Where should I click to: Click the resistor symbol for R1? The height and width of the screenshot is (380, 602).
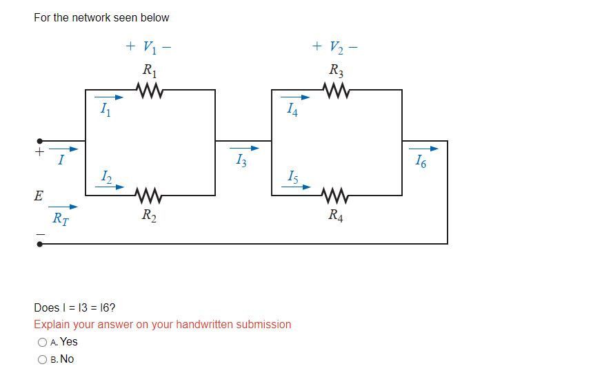(x=149, y=90)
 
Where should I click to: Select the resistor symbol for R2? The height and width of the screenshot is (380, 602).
(x=149, y=196)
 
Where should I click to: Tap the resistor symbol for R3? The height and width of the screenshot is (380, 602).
(x=335, y=90)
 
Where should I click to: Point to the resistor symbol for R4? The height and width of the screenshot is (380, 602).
(x=335, y=196)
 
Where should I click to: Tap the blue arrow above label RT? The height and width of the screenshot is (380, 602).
(x=63, y=206)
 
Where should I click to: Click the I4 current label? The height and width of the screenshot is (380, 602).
(x=292, y=110)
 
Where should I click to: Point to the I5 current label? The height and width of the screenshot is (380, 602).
(x=292, y=177)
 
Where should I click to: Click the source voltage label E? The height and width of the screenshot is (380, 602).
(x=39, y=196)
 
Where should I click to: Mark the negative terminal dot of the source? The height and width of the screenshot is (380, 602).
(x=39, y=244)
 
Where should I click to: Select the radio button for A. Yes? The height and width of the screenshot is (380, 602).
(x=43, y=342)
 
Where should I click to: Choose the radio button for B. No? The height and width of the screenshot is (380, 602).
(x=43, y=359)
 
